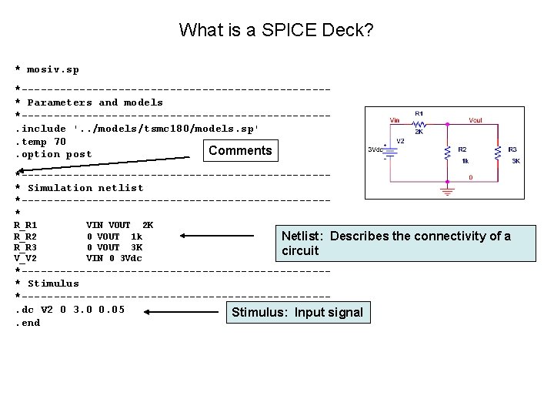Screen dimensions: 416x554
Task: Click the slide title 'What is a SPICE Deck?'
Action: click(x=276, y=30)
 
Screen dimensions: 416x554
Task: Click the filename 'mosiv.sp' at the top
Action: click(x=52, y=69)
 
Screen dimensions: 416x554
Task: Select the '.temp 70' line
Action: click(x=40, y=141)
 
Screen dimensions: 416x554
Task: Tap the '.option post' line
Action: click(x=53, y=153)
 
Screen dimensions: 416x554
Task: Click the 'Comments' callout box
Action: click(x=240, y=150)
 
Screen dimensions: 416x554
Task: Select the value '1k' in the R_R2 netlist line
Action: click(x=136, y=236)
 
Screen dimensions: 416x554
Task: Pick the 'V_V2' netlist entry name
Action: click(x=25, y=258)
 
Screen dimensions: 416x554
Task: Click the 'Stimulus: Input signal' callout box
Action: click(x=297, y=312)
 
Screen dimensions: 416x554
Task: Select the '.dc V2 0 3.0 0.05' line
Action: click(x=70, y=309)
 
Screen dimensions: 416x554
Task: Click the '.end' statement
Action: click(x=27, y=322)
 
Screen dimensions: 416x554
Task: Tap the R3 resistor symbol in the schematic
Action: click(x=496, y=153)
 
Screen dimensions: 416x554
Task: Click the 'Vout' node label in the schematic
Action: click(x=476, y=120)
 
